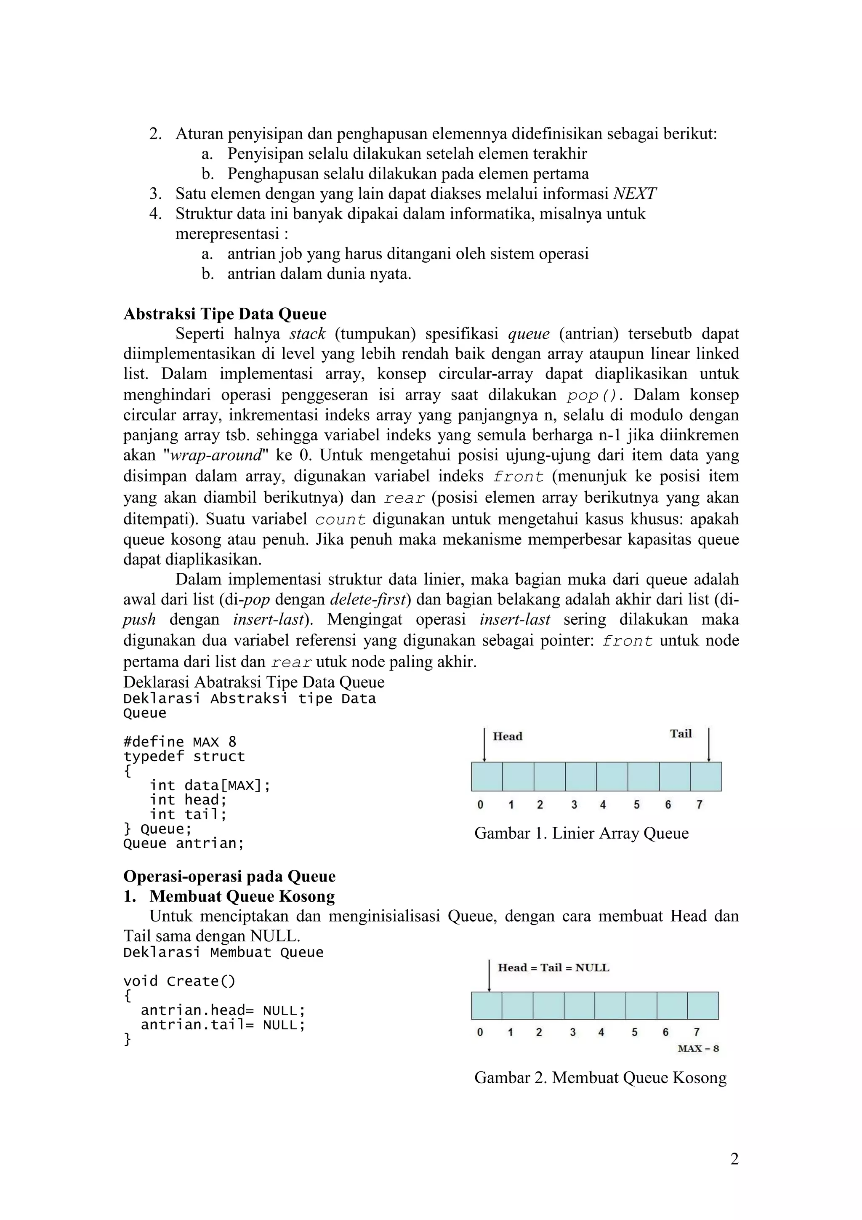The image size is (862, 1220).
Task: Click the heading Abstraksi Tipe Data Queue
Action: click(x=225, y=314)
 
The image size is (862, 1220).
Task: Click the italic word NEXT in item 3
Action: click(x=634, y=193)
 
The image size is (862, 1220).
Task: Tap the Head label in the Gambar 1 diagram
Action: click(x=507, y=736)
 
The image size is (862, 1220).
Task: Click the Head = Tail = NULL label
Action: click(x=553, y=967)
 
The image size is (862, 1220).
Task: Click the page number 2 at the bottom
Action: click(x=734, y=1159)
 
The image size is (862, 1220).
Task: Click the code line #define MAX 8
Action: click(x=180, y=742)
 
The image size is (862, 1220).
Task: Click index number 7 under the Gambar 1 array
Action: click(x=699, y=804)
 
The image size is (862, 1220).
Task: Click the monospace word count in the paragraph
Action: click(x=341, y=519)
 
